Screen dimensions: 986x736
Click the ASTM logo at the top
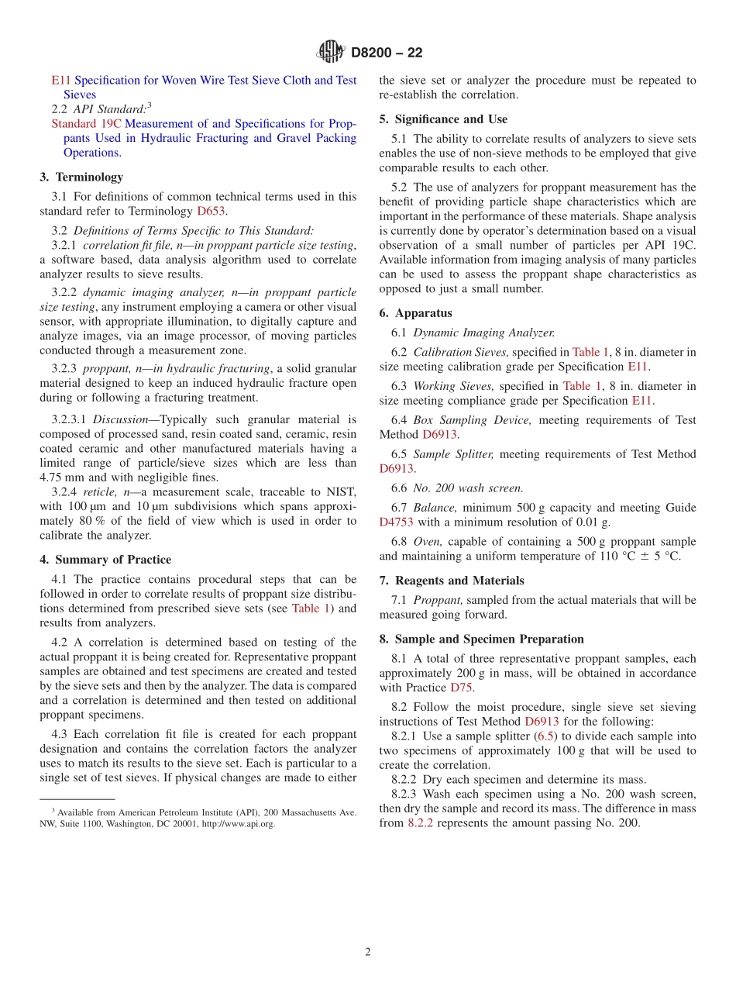click(x=331, y=52)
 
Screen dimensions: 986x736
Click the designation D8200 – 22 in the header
click(x=387, y=53)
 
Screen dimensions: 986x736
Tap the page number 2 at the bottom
click(x=368, y=952)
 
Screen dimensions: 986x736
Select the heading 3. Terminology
click(x=81, y=177)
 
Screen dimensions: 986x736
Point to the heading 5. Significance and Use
click(x=443, y=119)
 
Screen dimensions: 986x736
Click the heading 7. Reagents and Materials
click(x=452, y=581)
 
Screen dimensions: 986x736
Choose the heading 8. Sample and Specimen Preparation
click(x=481, y=639)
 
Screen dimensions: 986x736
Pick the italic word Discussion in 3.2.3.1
click(x=119, y=419)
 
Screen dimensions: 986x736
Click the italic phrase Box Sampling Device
click(x=472, y=420)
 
